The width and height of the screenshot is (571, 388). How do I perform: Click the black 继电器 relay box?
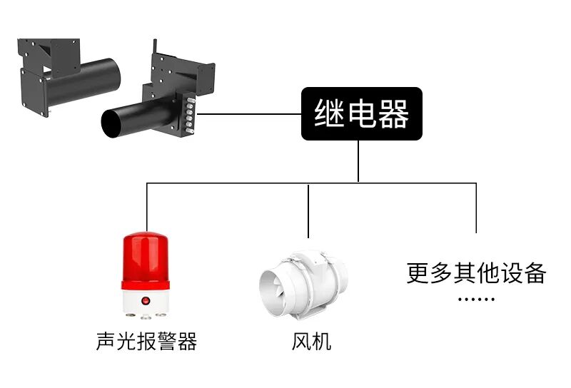(362, 113)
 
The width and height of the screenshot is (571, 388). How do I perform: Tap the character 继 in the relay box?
(329, 113)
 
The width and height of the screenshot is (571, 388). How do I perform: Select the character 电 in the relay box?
(361, 113)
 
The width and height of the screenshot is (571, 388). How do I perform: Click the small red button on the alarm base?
(146, 301)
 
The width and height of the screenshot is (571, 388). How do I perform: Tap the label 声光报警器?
(146, 342)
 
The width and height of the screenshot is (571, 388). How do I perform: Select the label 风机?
(311, 342)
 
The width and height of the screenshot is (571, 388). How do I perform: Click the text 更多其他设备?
(476, 273)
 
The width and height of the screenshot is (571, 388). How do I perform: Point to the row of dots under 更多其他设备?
(476, 299)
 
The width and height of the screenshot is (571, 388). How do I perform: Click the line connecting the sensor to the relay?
(249, 114)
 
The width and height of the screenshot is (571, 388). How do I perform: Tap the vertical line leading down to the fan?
(308, 211)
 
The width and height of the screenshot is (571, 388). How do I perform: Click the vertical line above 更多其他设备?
(476, 208)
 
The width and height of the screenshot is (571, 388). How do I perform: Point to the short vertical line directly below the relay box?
(358, 161)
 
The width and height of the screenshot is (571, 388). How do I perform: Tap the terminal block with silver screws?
(190, 114)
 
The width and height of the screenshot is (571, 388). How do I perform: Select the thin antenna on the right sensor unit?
(155, 46)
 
